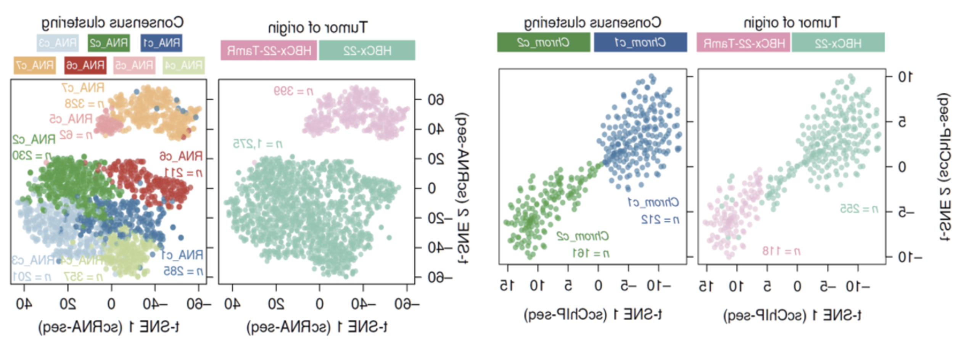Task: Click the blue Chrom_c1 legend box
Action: click(x=640, y=42)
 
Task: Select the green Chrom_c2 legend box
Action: click(x=543, y=42)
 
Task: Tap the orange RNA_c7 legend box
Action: click(x=35, y=65)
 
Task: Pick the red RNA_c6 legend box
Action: click(x=85, y=65)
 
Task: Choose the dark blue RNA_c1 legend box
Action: click(x=161, y=43)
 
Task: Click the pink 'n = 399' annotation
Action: click(x=293, y=91)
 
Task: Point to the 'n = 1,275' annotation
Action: click(x=258, y=144)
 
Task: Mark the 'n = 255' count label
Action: click(x=859, y=209)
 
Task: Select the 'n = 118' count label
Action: click(x=781, y=251)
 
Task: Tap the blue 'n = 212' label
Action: click(x=660, y=220)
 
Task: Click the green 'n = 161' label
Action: click(x=591, y=253)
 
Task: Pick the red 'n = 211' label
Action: click(x=183, y=173)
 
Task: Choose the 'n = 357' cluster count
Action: click(x=83, y=276)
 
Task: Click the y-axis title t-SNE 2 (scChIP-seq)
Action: click(x=944, y=167)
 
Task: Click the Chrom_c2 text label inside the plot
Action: click(x=583, y=236)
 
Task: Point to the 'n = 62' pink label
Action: click(x=76, y=135)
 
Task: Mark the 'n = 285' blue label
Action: click(x=183, y=271)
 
